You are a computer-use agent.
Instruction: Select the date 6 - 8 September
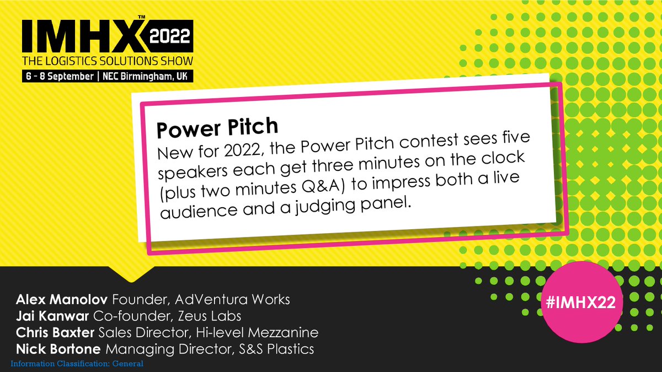tap(57, 77)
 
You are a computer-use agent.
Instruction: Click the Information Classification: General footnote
tap(77, 364)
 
